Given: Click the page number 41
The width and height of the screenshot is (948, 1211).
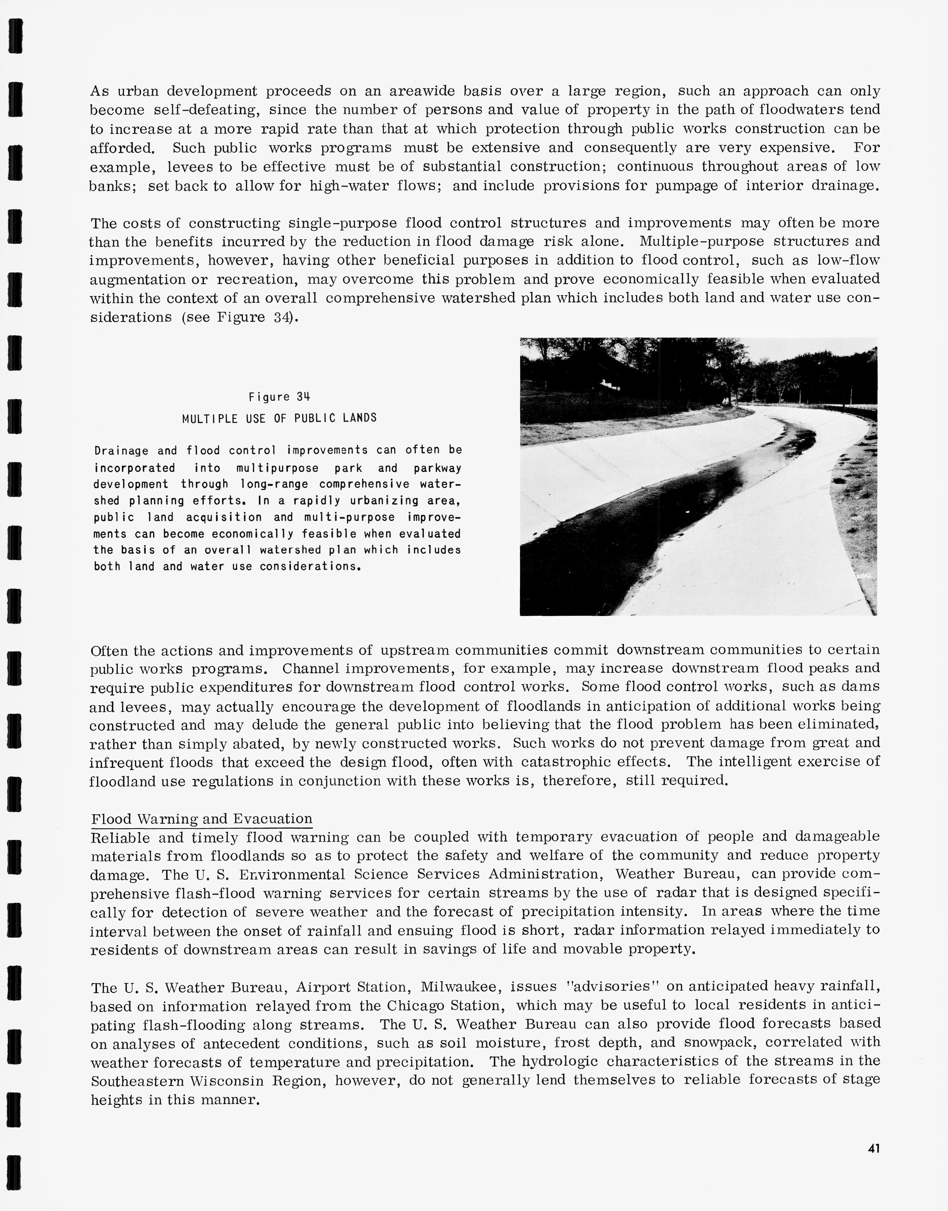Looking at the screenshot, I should pyautogui.click(x=874, y=1148).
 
